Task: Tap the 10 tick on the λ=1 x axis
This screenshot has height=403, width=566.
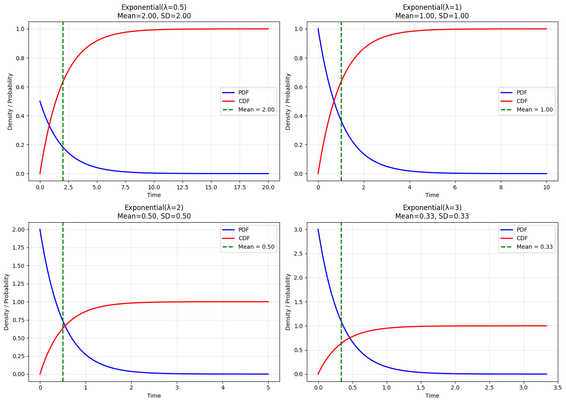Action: pyautogui.click(x=546, y=187)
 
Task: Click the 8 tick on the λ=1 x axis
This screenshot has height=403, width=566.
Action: pyautogui.click(x=501, y=187)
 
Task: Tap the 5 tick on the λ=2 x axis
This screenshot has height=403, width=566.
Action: pyautogui.click(x=268, y=388)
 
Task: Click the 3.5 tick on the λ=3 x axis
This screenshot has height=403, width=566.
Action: pyautogui.click(x=558, y=388)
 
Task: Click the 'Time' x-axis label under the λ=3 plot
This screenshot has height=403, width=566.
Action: pyautogui.click(x=432, y=396)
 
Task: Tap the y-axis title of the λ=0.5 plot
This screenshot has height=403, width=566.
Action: pyautogui.click(x=10, y=102)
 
